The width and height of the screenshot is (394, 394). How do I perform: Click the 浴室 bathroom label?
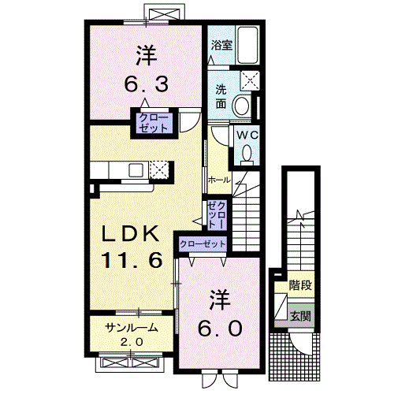222,45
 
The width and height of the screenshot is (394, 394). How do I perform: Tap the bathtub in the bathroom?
247,45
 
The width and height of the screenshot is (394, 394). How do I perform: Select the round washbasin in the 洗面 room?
242,106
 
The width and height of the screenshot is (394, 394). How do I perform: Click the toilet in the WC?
247,155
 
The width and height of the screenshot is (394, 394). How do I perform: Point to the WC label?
247,136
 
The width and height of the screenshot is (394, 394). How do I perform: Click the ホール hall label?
219,180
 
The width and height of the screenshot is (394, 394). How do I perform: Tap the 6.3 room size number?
147,84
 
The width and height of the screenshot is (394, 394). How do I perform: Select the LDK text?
131,233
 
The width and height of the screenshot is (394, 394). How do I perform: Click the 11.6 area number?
132,260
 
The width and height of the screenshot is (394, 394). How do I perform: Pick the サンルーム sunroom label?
132,328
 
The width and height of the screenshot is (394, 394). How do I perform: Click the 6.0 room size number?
220,329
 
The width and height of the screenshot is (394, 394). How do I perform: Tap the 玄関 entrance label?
300,316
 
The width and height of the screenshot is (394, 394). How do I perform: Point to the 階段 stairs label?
300,285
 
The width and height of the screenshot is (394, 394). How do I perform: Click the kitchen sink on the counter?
136,170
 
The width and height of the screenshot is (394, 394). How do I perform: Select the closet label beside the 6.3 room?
154,123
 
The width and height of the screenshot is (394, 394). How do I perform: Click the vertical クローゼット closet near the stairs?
217,214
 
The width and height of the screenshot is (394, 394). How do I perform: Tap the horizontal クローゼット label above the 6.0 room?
203,244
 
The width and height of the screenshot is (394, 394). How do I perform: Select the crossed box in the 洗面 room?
250,80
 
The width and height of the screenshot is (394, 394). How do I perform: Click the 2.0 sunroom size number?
132,342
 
